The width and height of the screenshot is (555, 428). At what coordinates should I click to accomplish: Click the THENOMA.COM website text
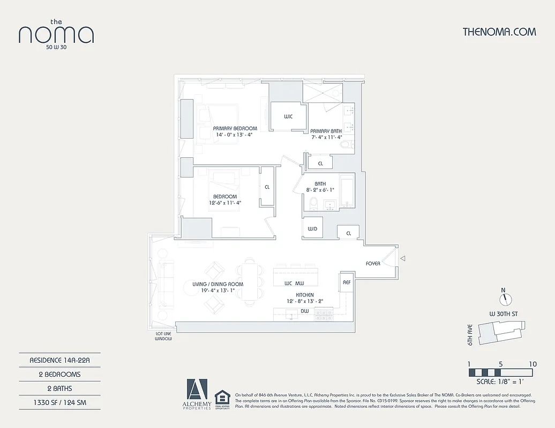[499, 32]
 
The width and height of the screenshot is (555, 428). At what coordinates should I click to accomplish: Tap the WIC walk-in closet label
[288, 116]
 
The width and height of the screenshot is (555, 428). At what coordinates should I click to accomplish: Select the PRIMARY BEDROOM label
[235, 128]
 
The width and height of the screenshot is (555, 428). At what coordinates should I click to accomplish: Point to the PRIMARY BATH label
[326, 131]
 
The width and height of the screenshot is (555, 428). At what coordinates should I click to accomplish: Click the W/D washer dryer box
[312, 229]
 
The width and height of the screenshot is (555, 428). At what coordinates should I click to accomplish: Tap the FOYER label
[373, 263]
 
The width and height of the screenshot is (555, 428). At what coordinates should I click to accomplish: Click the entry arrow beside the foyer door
[403, 259]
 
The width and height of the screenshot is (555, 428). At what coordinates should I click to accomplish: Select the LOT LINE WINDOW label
[163, 336]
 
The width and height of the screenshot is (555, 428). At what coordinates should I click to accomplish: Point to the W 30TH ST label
[503, 314]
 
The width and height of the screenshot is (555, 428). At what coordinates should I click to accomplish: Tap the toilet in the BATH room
[314, 204]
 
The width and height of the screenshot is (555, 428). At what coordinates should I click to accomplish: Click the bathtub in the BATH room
[347, 191]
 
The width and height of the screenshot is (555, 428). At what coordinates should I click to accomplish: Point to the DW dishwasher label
[304, 310]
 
